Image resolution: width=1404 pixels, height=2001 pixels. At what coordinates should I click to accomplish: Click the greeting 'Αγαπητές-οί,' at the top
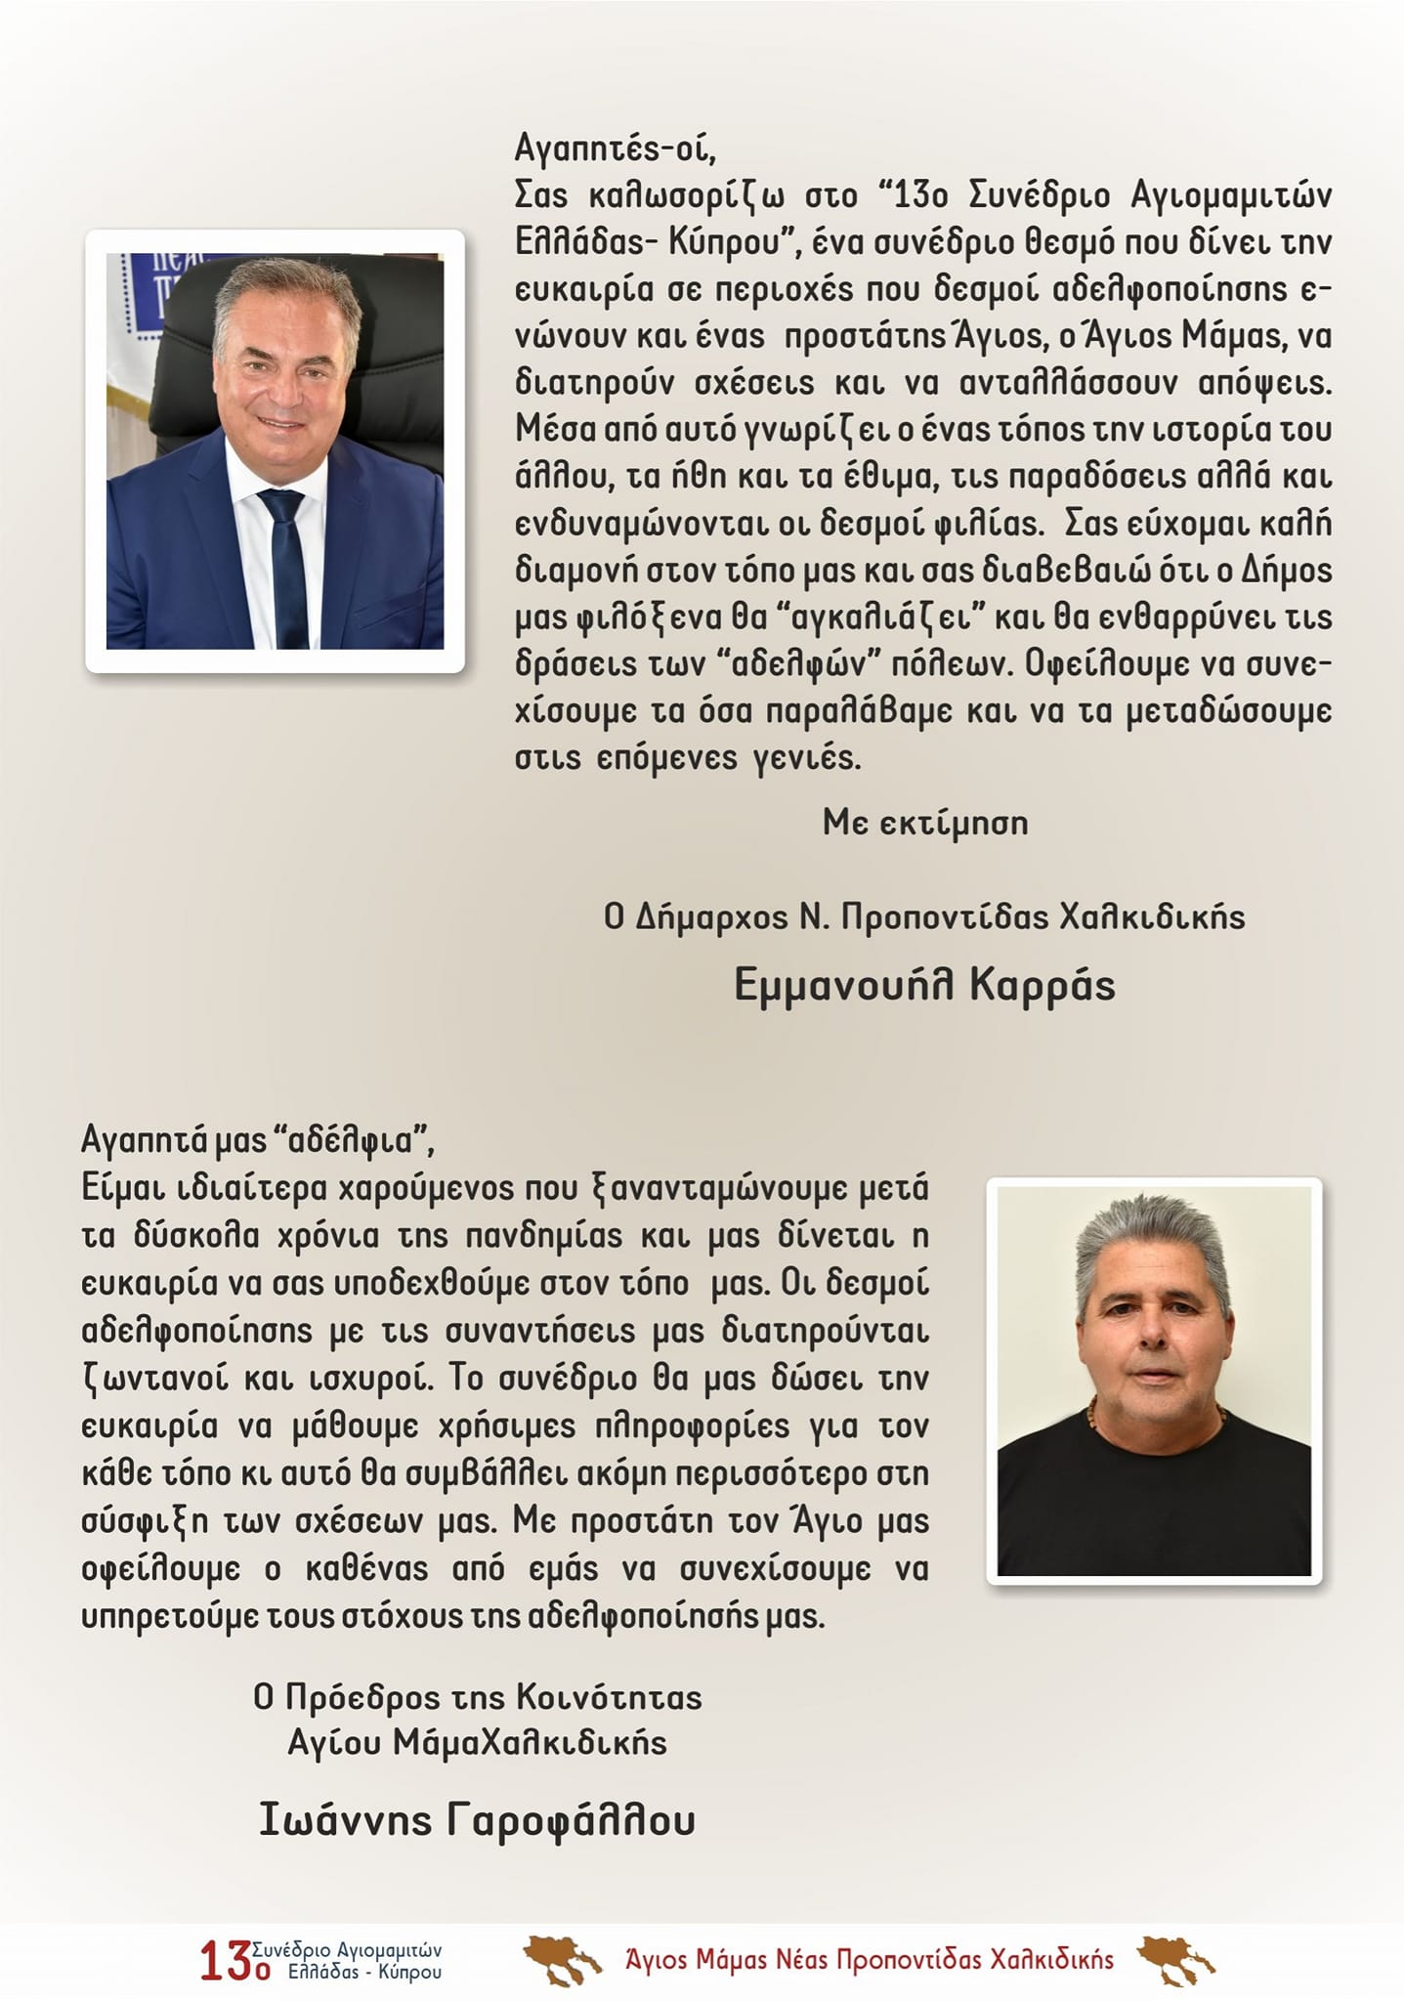pos(616,149)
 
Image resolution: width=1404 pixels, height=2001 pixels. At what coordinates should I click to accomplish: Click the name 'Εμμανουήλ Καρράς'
pos(924,985)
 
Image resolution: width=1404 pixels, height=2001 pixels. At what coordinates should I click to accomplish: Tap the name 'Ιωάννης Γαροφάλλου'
pos(477,1820)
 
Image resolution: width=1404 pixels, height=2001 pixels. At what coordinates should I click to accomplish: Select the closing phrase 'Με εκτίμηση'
pos(925,823)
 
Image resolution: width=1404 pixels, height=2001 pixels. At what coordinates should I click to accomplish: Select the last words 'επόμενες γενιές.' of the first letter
pos(729,757)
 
